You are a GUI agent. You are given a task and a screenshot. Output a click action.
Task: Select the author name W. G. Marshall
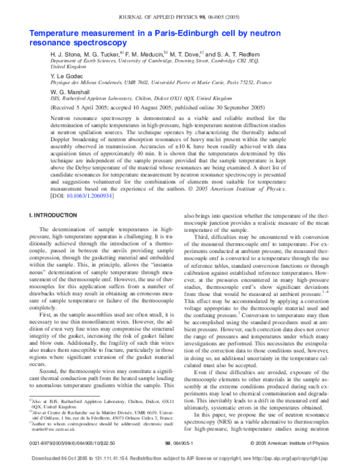coord(69,92)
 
